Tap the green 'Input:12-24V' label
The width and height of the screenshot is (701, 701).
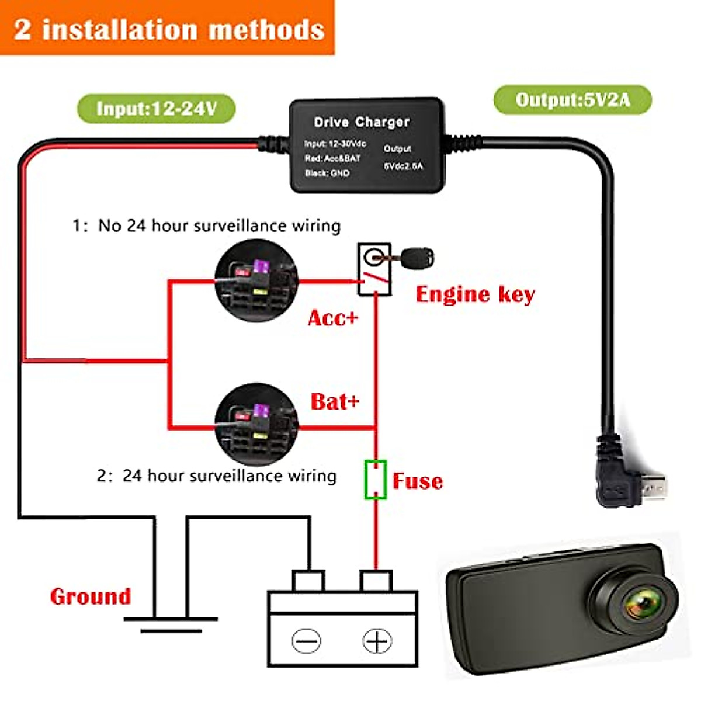click(x=156, y=109)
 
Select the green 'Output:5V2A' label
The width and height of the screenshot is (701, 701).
click(x=572, y=100)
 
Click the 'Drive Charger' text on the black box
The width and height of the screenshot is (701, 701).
click(x=362, y=122)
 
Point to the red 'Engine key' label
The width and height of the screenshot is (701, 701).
click(x=475, y=294)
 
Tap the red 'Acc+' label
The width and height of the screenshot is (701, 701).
click(x=333, y=318)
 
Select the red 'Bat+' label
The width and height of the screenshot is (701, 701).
click(x=335, y=401)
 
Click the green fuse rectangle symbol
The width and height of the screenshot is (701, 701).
click(x=375, y=480)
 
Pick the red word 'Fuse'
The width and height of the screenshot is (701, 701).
click(x=418, y=481)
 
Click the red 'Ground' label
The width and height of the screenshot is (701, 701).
click(x=91, y=596)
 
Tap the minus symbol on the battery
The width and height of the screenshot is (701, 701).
click(x=307, y=641)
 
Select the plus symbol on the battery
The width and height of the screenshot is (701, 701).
click(x=377, y=641)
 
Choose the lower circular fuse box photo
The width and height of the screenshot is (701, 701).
click(x=256, y=424)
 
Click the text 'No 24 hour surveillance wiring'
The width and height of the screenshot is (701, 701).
click(x=219, y=225)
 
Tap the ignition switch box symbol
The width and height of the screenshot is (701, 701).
click(x=374, y=269)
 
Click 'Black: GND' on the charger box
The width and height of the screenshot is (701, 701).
click(x=327, y=173)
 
